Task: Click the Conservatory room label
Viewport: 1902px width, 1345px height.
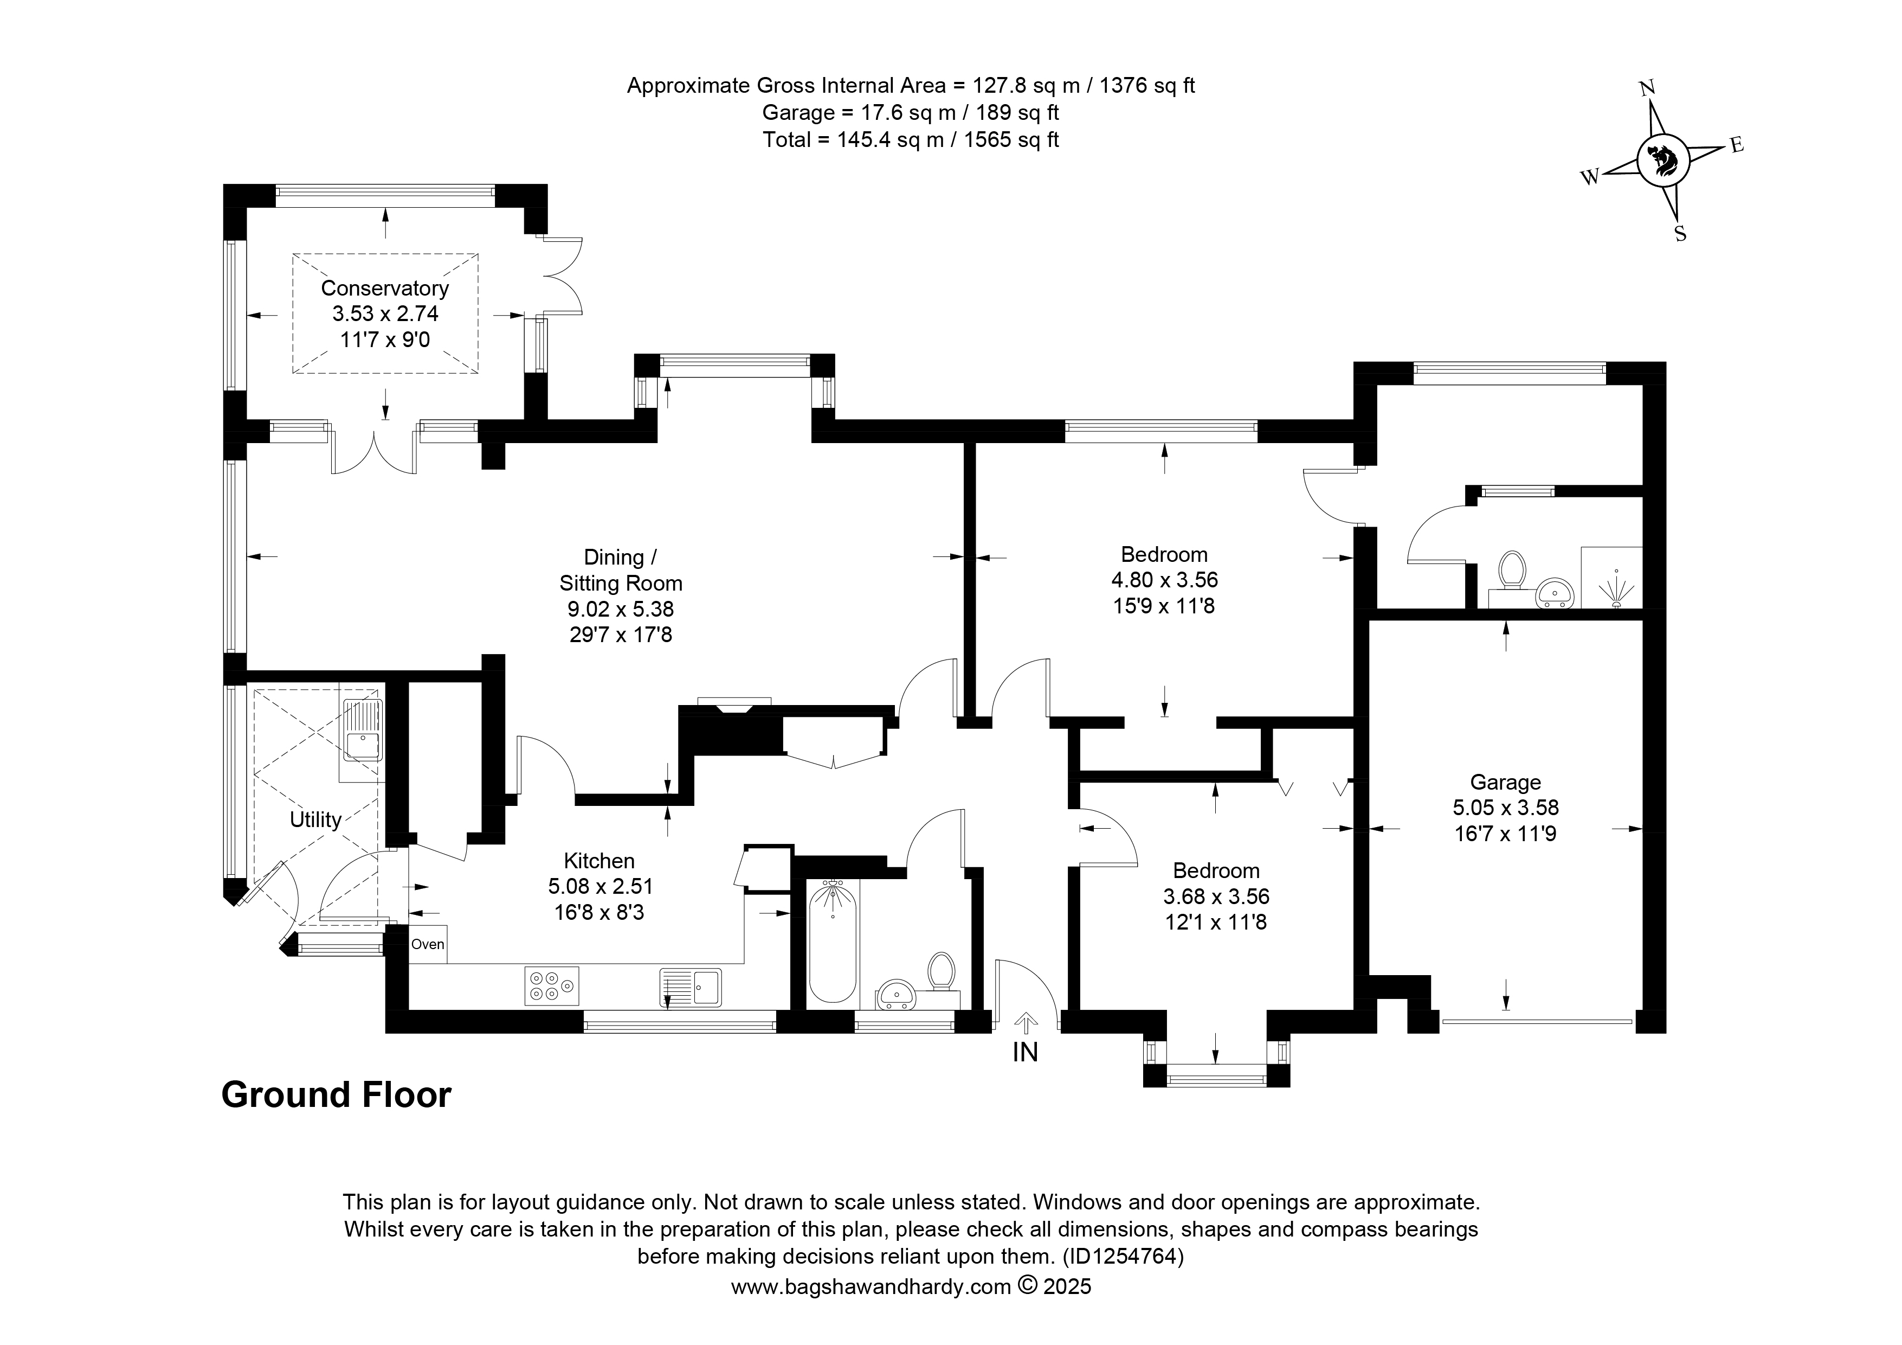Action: coord(384,289)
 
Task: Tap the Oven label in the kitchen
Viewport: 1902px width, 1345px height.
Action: coord(428,944)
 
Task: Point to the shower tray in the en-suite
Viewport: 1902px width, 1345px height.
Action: coord(1611,577)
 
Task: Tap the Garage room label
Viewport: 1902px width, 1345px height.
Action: coord(1505,782)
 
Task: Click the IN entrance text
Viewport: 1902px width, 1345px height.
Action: coord(1026,1053)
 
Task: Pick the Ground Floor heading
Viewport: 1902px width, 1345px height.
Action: coord(336,1095)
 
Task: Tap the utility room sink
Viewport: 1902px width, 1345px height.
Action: coord(363,729)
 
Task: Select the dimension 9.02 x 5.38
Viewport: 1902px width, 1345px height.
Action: coord(621,609)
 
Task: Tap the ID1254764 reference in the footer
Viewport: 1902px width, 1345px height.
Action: coord(1123,1257)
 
